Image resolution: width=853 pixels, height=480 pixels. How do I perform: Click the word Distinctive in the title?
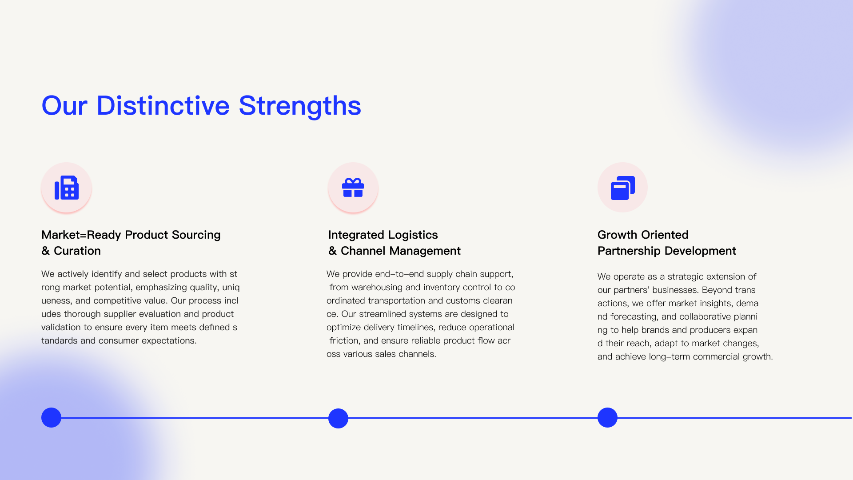click(x=163, y=106)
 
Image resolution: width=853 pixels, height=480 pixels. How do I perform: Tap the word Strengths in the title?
click(x=300, y=106)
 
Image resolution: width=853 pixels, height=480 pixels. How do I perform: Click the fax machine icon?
click(x=67, y=188)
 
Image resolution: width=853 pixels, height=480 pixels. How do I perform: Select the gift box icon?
click(x=353, y=188)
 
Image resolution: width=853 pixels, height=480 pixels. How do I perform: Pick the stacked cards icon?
click(x=622, y=188)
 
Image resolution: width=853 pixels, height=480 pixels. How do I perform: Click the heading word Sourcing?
click(x=196, y=235)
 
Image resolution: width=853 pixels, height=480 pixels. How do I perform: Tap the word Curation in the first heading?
click(x=77, y=251)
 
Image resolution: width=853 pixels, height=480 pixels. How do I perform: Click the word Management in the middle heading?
click(x=425, y=251)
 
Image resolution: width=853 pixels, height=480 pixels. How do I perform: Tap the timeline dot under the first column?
click(x=51, y=418)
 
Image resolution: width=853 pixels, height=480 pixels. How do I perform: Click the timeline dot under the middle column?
click(x=338, y=418)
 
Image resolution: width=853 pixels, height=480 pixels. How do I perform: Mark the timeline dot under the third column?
click(x=607, y=418)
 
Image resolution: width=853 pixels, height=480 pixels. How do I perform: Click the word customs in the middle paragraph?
click(x=463, y=301)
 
